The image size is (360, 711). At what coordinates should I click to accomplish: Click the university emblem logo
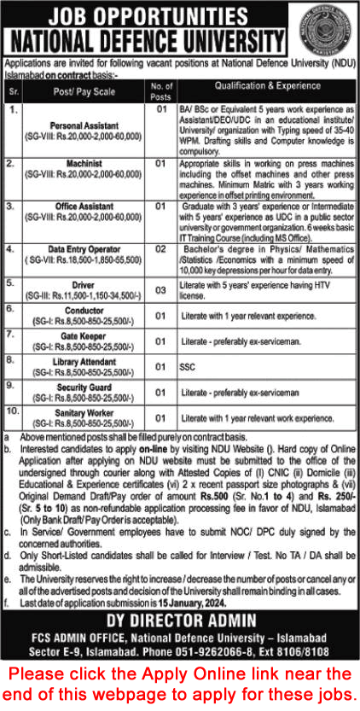click(x=324, y=32)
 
